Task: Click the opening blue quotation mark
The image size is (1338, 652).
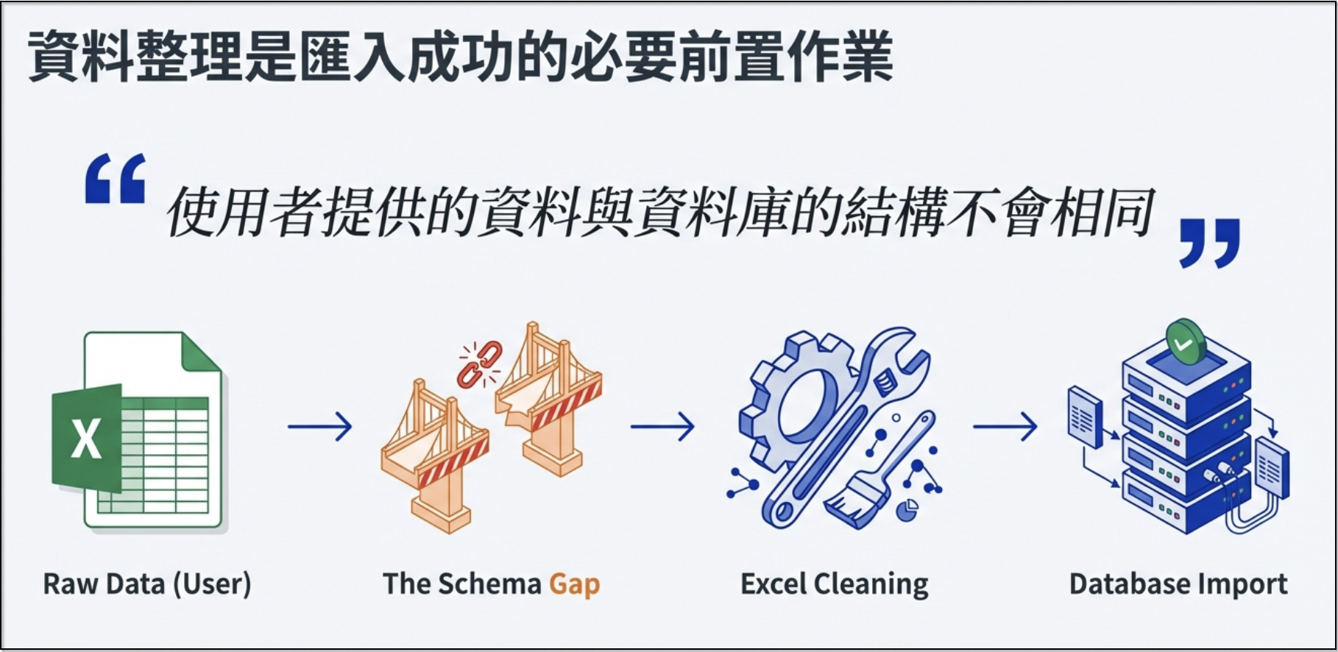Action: point(116,178)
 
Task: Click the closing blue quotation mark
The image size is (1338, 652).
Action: point(1209,243)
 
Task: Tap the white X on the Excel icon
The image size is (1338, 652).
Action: point(86,439)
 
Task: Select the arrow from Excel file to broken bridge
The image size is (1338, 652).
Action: point(319,426)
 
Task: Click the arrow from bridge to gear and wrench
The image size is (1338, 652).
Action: point(662,426)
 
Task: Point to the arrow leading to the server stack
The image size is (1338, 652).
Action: point(1005,426)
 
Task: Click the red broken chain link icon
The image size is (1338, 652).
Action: point(479,364)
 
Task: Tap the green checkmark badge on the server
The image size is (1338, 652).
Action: point(1185,343)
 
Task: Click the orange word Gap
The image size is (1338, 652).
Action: point(575,585)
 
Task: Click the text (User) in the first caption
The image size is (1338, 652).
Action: point(212,584)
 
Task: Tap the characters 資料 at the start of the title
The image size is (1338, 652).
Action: point(81,57)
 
